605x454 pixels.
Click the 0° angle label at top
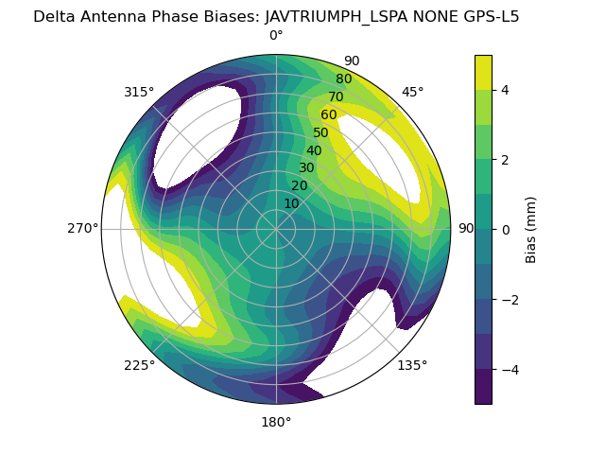(x=276, y=36)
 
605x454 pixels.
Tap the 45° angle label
(x=412, y=92)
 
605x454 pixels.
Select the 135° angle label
(x=412, y=365)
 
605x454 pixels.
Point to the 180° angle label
(x=276, y=422)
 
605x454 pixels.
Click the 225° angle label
(x=139, y=365)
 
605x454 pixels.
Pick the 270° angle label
(x=83, y=228)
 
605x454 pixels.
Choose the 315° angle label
(x=139, y=92)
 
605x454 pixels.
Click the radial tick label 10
(x=291, y=203)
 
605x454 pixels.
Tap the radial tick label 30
(x=306, y=168)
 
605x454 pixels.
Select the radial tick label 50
(x=320, y=133)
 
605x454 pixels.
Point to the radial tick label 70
(x=336, y=97)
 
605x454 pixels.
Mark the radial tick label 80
(x=343, y=79)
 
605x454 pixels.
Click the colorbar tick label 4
(x=505, y=90)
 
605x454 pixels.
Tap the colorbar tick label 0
(x=505, y=229)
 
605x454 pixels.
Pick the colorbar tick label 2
(x=505, y=160)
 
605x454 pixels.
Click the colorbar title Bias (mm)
(x=531, y=229)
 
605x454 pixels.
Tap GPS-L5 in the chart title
(x=487, y=16)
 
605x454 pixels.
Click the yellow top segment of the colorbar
(x=483, y=72)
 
